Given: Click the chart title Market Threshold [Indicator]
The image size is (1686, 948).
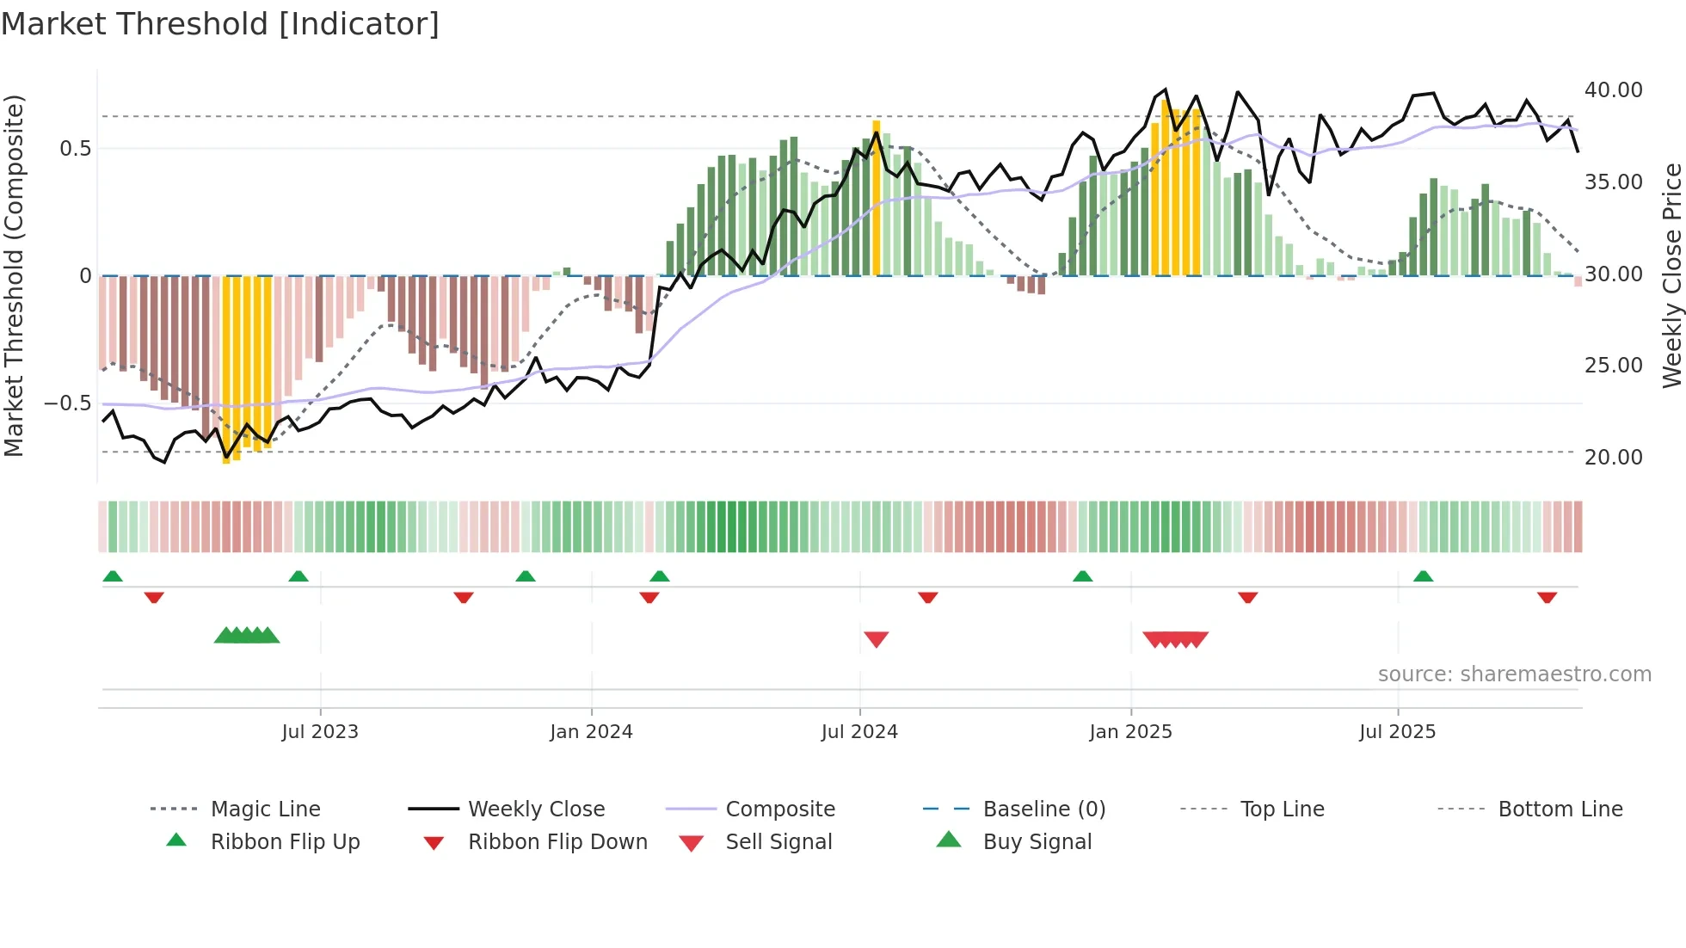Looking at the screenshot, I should point(220,24).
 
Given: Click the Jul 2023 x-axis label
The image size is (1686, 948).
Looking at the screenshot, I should point(320,732).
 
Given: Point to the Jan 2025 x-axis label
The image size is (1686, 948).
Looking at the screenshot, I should point(1130,732).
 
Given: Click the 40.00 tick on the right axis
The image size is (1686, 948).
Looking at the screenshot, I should point(1613,90).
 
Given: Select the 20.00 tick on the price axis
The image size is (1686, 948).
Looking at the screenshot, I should point(1613,458).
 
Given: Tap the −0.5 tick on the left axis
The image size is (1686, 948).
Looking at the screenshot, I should point(67,403).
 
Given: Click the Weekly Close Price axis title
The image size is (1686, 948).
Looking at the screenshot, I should point(1671,275).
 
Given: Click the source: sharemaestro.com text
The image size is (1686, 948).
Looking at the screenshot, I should point(1514,674).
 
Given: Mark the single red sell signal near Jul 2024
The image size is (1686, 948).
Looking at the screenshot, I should point(876,639).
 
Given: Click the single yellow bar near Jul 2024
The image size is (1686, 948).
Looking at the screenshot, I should point(876,198).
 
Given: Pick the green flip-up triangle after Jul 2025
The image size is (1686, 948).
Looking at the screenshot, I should point(1423,576).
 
